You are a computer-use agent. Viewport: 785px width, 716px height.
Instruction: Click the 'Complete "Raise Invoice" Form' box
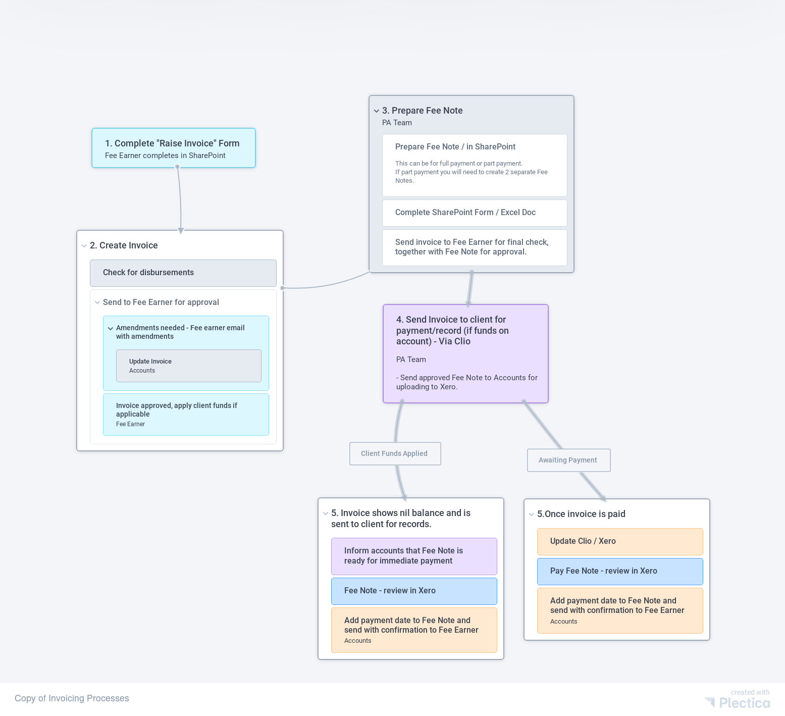(x=173, y=148)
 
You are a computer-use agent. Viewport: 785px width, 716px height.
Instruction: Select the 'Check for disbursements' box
(x=183, y=273)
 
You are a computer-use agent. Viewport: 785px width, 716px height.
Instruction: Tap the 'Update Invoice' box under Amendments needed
(x=188, y=366)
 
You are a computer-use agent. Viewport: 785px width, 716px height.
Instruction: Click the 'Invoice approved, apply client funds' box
(x=186, y=414)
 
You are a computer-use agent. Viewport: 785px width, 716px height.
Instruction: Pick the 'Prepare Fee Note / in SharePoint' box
(x=474, y=165)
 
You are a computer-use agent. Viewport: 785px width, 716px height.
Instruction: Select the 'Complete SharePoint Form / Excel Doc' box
(x=474, y=213)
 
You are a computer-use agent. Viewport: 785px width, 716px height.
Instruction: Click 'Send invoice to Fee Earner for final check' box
(x=474, y=247)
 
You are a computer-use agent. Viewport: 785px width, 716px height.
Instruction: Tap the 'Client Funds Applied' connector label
(x=395, y=453)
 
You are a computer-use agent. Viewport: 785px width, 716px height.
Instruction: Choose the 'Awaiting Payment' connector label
(x=568, y=460)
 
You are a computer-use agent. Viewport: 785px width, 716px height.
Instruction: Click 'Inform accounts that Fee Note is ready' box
(x=413, y=556)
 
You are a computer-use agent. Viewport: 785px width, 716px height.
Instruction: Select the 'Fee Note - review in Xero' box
(x=413, y=591)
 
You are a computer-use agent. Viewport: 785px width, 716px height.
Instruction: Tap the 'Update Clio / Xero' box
(x=619, y=541)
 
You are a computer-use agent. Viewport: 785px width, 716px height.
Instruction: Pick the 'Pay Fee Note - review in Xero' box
(x=619, y=571)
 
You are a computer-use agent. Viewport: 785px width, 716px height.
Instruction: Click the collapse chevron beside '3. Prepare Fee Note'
(x=377, y=111)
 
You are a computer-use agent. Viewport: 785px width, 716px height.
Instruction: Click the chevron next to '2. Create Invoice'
(x=84, y=246)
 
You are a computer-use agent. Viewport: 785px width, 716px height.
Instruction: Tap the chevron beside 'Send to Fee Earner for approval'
(x=97, y=302)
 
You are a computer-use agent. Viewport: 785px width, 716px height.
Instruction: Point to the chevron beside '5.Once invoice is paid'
(x=532, y=515)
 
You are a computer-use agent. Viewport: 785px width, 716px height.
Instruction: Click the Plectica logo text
(x=744, y=703)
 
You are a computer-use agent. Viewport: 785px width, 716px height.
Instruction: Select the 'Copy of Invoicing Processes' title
(x=72, y=698)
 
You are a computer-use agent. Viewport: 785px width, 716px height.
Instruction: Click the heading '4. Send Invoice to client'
(x=452, y=330)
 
